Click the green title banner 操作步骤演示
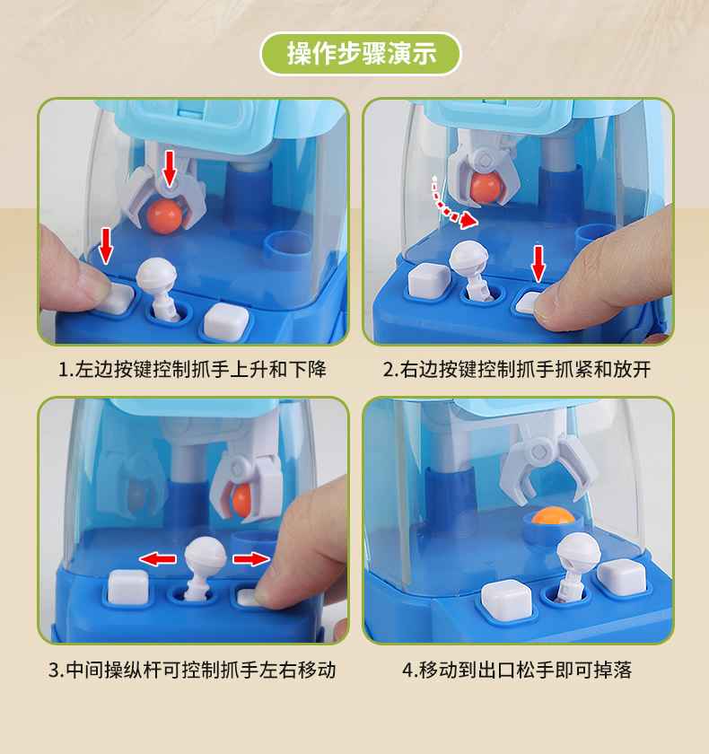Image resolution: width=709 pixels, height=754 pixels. [361, 53]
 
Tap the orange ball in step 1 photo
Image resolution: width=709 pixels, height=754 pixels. [165, 216]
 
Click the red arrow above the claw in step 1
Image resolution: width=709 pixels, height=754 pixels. [170, 168]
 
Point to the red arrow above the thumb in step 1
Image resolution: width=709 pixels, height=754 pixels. [105, 246]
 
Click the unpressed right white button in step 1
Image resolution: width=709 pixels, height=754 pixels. [226, 321]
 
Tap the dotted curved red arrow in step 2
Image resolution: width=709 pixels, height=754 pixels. [452, 205]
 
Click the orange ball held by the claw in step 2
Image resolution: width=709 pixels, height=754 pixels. [486, 187]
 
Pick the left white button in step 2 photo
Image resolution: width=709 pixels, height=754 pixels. [429, 280]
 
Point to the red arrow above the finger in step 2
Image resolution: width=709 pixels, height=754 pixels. [538, 264]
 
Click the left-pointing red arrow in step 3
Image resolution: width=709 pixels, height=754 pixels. [158, 558]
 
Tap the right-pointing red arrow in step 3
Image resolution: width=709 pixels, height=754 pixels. [251, 558]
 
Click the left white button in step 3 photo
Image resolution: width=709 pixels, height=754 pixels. [127, 587]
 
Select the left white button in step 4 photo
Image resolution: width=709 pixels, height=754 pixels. [506, 600]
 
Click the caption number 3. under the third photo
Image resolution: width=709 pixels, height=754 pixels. [56, 670]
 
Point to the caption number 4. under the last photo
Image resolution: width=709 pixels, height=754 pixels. [409, 670]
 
